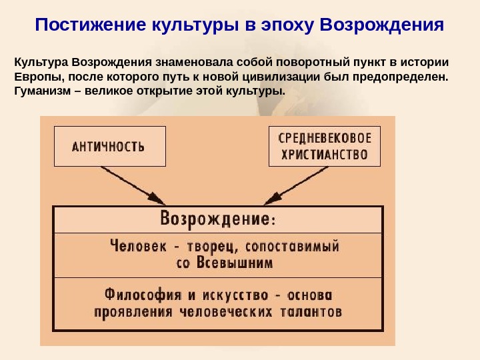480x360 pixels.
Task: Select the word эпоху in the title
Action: click(x=283, y=25)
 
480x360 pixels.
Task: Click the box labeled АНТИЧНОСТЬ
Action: click(x=109, y=147)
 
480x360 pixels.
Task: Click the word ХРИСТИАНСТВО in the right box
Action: click(x=324, y=155)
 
